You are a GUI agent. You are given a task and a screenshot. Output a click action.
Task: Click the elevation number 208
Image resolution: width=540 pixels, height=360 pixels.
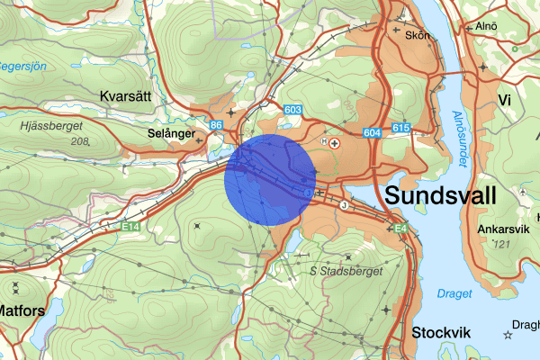(x=81, y=142)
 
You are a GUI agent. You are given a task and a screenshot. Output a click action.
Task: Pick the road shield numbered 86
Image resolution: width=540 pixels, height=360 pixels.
(x=215, y=125)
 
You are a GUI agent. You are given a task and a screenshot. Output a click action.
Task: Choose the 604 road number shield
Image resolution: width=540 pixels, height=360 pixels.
(x=373, y=132)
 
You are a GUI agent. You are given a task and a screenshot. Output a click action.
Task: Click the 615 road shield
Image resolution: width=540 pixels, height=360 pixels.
(x=401, y=129)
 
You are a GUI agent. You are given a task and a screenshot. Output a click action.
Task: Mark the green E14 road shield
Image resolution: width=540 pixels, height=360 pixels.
(x=132, y=228)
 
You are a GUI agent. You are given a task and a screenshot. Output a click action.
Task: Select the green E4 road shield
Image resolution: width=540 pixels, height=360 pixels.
(x=401, y=231)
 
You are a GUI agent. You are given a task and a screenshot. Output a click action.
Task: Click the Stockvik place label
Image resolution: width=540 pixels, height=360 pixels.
(x=441, y=332)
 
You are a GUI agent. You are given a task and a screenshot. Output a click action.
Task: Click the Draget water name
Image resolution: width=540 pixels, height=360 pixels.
(x=453, y=293)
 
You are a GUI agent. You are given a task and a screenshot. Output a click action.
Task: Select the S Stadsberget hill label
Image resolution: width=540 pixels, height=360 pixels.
(x=346, y=270)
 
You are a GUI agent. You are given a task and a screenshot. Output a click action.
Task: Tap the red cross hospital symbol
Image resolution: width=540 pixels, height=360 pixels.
(x=336, y=142)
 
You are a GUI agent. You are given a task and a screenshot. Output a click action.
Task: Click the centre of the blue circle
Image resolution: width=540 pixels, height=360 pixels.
(x=270, y=180)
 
